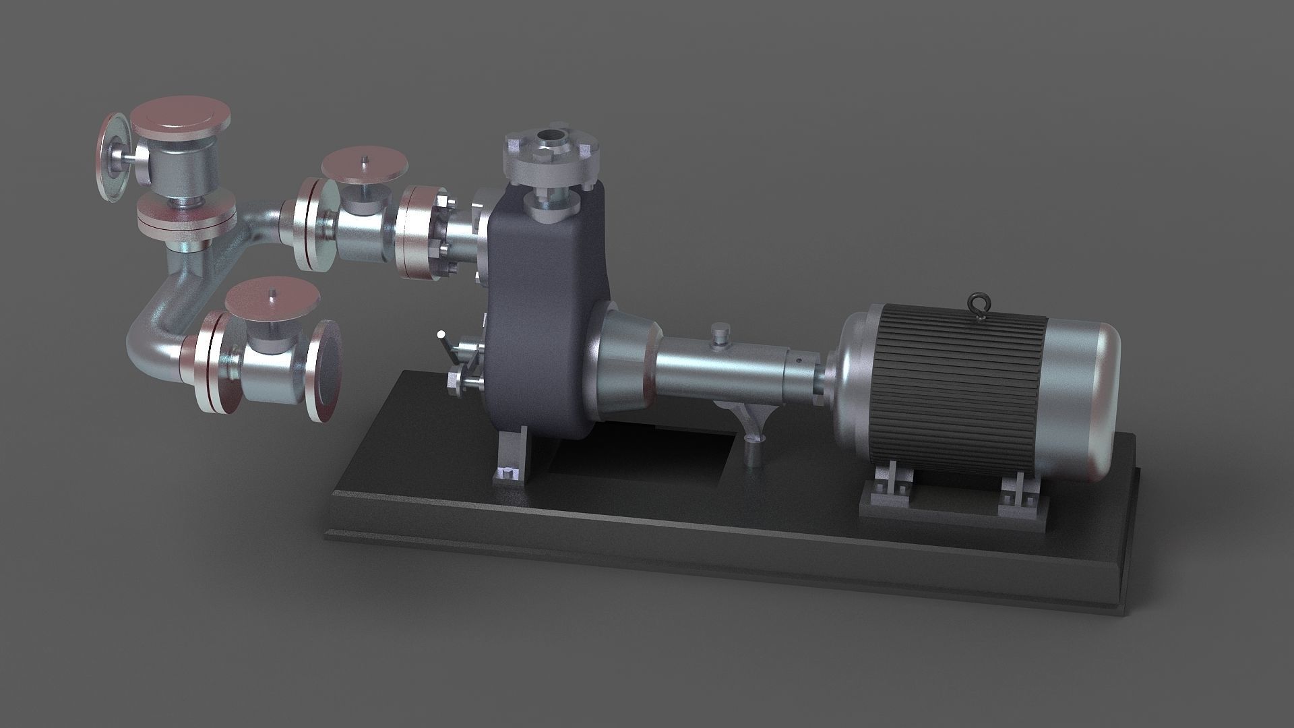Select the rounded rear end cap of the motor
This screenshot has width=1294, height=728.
coord(1082,398)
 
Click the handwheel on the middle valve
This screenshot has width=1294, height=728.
coord(365,164)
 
